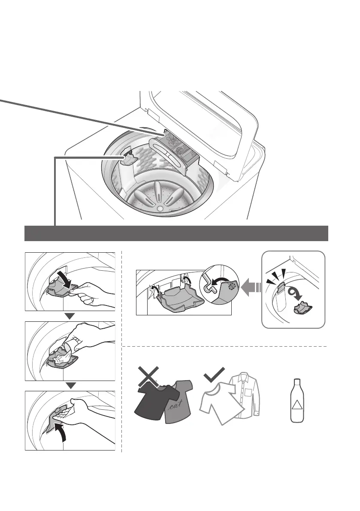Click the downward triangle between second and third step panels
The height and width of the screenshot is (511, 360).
70,385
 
